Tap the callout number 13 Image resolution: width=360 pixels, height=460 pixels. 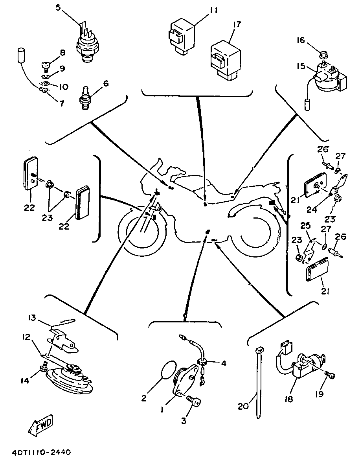pos(32,317)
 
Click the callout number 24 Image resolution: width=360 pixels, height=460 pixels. pos(312,210)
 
